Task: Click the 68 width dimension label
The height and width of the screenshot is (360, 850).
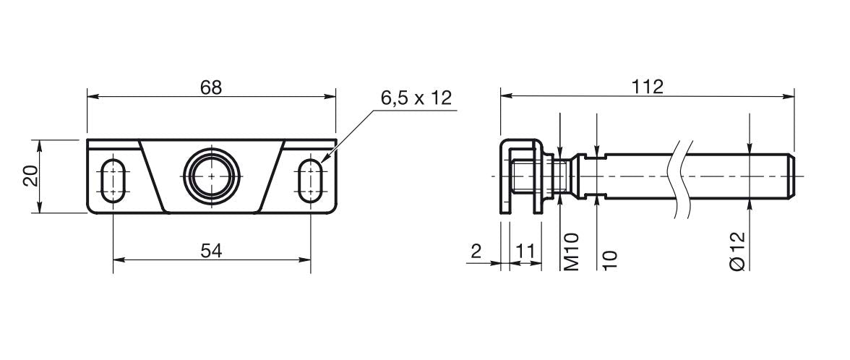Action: click(211, 87)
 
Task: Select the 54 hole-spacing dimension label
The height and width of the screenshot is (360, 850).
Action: click(211, 251)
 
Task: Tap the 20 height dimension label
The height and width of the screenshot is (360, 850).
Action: click(31, 176)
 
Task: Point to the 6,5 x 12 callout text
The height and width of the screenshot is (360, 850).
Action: click(416, 98)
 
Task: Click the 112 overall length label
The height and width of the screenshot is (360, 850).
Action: click(648, 87)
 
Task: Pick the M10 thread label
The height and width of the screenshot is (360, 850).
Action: click(571, 252)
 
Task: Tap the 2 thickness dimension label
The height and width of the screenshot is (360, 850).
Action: click(476, 251)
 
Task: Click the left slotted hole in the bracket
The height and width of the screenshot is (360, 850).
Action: click(113, 180)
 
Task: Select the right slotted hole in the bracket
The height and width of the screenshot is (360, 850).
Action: click(311, 180)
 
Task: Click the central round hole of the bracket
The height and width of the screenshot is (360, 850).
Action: click(211, 175)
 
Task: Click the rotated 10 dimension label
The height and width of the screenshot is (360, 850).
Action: click(609, 260)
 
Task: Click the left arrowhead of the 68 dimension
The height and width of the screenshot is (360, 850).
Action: click(93, 97)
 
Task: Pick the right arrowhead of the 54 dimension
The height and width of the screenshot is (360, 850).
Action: click(305, 260)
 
